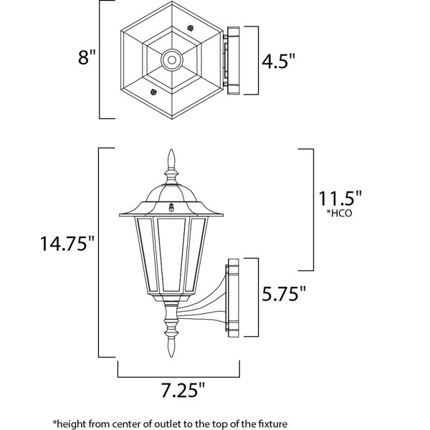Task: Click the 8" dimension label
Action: tap(87, 57)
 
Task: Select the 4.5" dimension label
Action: tap(279, 61)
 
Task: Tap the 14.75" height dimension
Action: tap(67, 243)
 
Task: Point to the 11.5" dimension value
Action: tap(340, 199)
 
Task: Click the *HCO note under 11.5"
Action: tap(339, 213)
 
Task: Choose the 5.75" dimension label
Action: tap(284, 294)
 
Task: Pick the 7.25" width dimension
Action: tap(183, 390)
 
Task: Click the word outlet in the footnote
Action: tap(165, 424)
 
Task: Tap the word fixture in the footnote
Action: tap(272, 424)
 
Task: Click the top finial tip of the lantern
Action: tap(171, 150)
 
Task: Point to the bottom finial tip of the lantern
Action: tap(171, 357)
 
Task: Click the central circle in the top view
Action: tap(172, 59)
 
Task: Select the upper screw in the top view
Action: tap(191, 28)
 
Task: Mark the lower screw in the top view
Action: tap(153, 92)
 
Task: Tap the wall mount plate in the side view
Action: tap(233, 297)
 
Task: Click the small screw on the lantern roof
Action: tap(171, 208)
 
